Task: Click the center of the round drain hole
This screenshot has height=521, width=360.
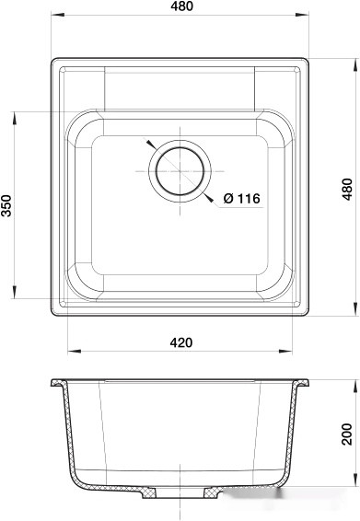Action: click(178, 171)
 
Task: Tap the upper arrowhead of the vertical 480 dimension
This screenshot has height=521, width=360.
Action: click(354, 63)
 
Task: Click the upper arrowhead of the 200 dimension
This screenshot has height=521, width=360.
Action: click(354, 381)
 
